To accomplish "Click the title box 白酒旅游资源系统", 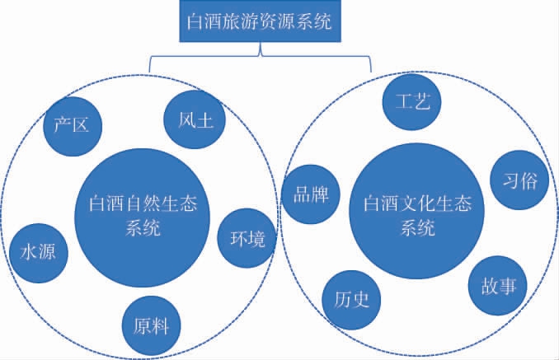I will (260, 22).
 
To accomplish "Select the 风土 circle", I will (195, 121).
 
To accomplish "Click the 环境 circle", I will (247, 239).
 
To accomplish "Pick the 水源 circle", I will (38, 252).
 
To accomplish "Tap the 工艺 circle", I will (412, 101).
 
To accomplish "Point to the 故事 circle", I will (498, 286).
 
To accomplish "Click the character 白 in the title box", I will (197, 22).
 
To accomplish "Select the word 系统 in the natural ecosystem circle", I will (143, 228).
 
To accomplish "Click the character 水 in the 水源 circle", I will (28, 252).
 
